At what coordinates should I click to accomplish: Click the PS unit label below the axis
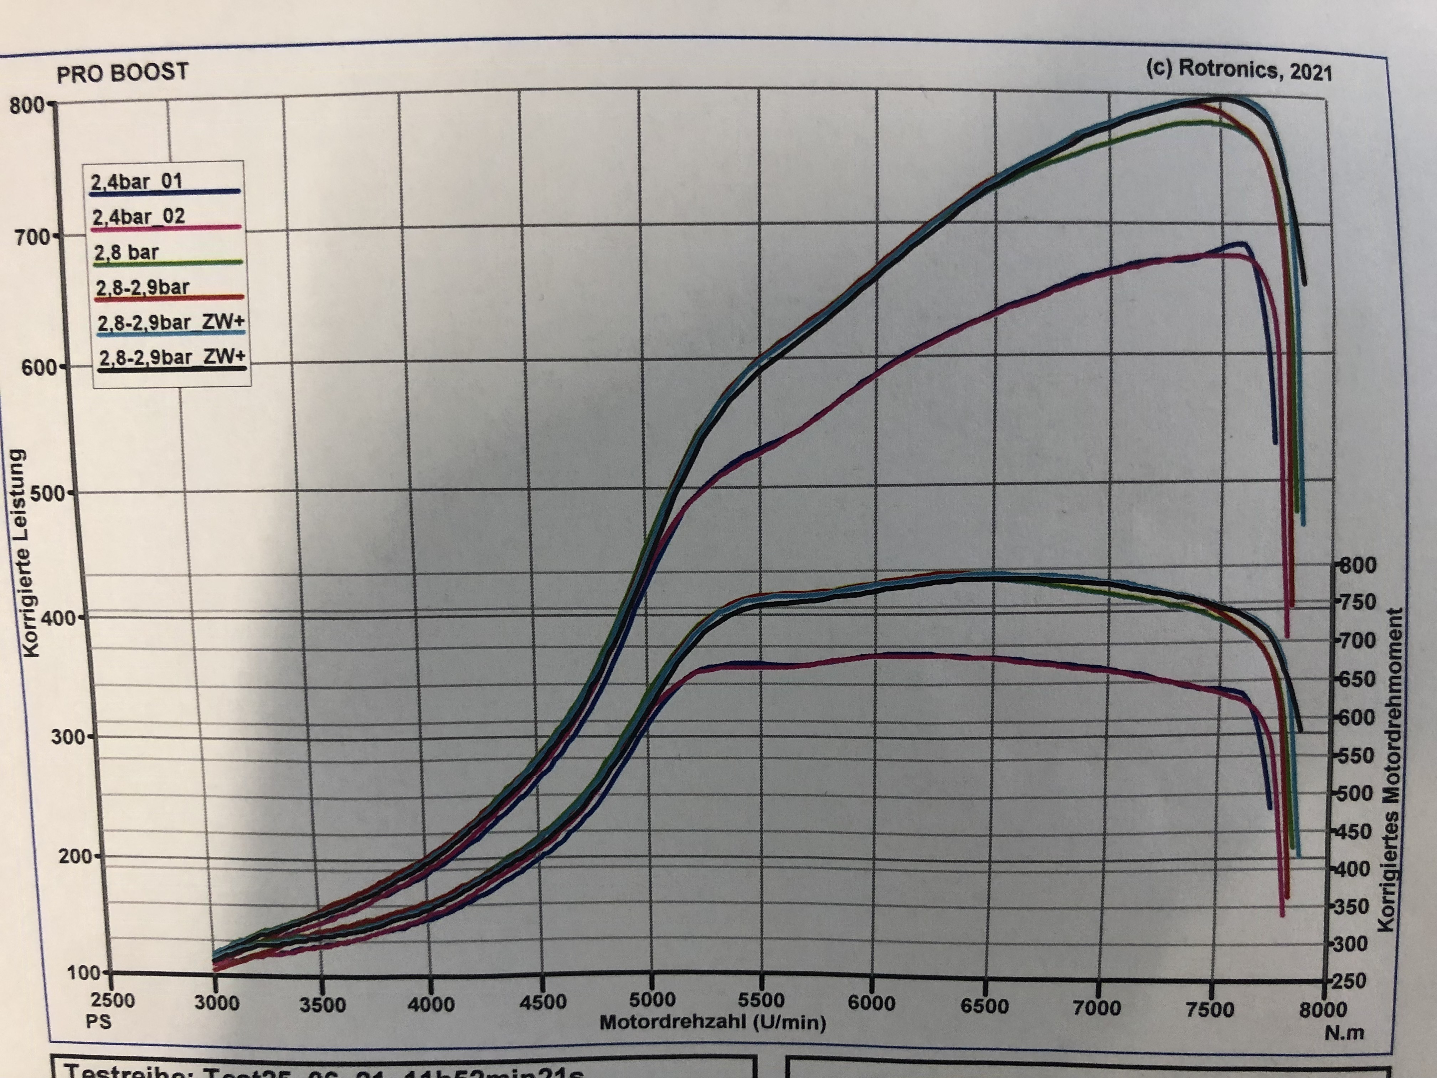[x=99, y=1021]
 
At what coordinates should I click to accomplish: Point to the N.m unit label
[x=1344, y=1032]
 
